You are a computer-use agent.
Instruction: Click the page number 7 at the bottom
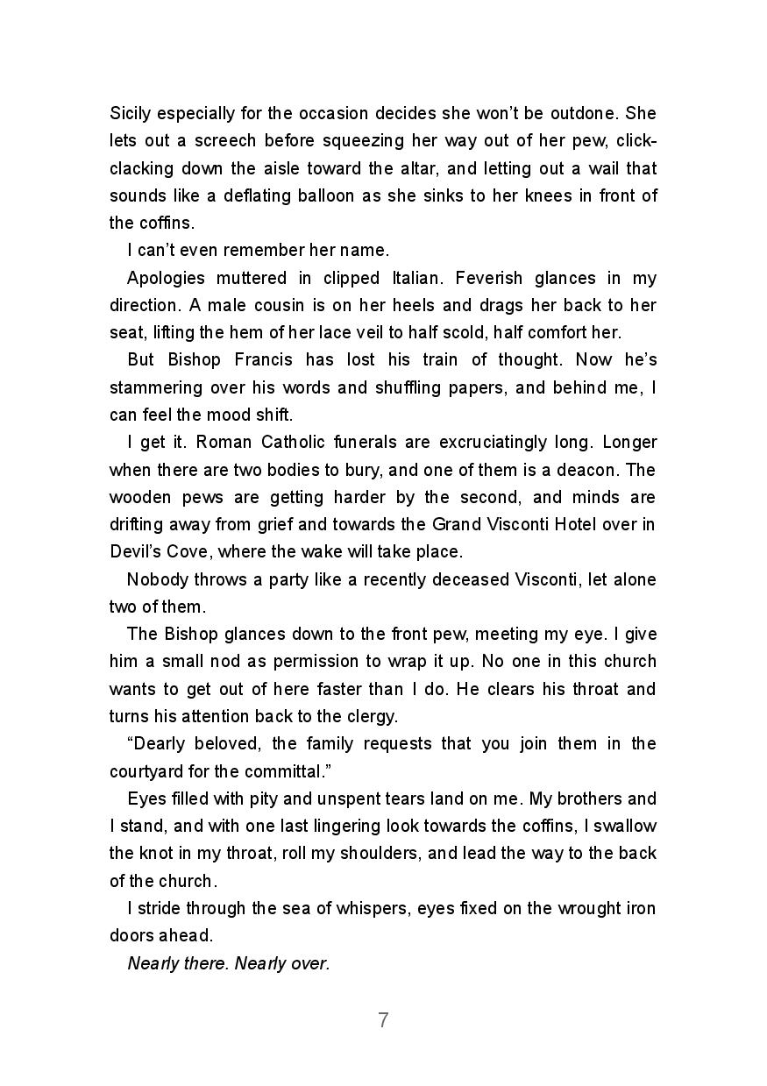pyautogui.click(x=383, y=1020)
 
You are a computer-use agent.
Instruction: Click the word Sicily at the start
pyautogui.click(x=131, y=113)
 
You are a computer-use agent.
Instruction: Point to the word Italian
pyautogui.click(x=411, y=278)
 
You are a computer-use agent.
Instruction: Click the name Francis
pyautogui.click(x=267, y=359)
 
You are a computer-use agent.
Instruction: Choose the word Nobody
pyautogui.click(x=159, y=579)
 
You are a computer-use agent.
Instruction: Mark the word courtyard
pyautogui.click(x=146, y=771)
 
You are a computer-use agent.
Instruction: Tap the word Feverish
pyautogui.click(x=457, y=278)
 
